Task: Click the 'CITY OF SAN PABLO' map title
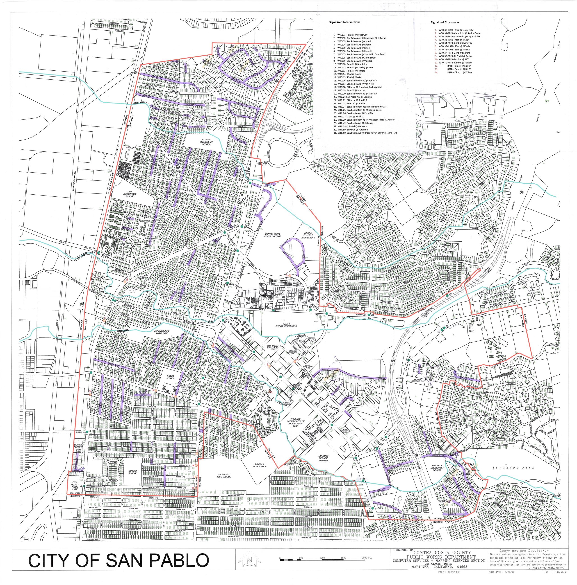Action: coord(119,560)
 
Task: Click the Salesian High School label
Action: coord(259,465)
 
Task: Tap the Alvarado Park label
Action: coord(513,468)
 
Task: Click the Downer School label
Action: coord(133,472)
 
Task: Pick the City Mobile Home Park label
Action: coord(75,487)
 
